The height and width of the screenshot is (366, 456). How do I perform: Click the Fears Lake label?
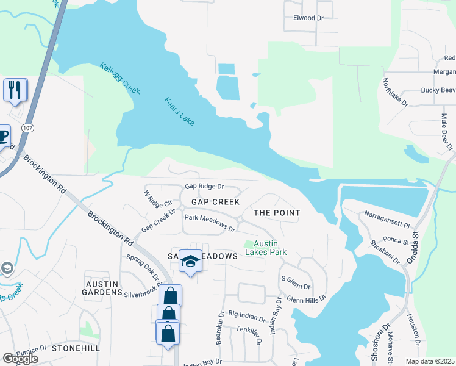[x=179, y=112]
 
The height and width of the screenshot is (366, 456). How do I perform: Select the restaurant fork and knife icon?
[x=15, y=90]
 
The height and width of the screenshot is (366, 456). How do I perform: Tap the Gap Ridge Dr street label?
[x=204, y=186]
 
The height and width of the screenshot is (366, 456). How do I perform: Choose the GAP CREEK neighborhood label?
[x=215, y=201]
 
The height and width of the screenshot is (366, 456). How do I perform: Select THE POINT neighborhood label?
[x=277, y=213]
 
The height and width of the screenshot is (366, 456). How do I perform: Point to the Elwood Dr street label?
[x=308, y=18]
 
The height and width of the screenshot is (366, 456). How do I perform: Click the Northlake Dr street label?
[x=395, y=93]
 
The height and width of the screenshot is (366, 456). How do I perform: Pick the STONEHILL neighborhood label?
[x=76, y=348]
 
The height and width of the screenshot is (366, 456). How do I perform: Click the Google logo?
[x=20, y=359]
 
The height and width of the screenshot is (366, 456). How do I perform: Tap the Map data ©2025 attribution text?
[x=429, y=361]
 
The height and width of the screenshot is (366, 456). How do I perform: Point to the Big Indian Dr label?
[x=247, y=315]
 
